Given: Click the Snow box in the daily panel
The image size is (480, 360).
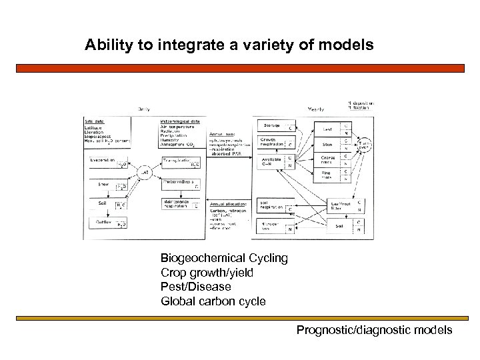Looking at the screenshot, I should [107, 185].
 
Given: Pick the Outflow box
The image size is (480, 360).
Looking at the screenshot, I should [107, 223].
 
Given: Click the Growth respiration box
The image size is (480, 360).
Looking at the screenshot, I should [276, 143].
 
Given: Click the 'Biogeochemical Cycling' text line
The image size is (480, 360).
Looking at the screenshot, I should [224, 258].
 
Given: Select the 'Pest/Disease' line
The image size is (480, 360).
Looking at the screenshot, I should [196, 287].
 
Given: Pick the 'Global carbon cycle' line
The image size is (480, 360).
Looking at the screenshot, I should [213, 301].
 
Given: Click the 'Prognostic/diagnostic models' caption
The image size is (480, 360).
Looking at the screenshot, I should [374, 330].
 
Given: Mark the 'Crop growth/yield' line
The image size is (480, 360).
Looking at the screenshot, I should [207, 273].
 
